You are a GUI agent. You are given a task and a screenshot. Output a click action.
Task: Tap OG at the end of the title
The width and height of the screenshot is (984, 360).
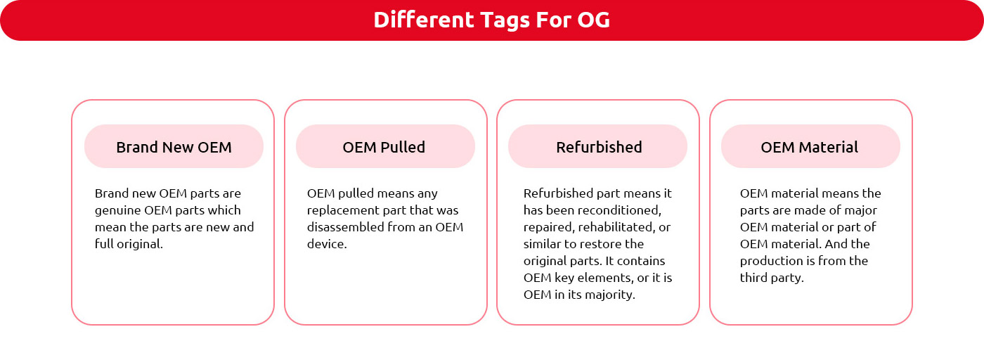593,20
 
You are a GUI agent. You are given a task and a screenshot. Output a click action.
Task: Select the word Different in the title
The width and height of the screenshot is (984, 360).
423,20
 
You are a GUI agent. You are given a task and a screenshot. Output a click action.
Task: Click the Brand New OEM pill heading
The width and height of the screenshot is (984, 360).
174,147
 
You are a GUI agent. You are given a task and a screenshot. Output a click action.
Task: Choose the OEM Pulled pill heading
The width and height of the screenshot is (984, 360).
385,147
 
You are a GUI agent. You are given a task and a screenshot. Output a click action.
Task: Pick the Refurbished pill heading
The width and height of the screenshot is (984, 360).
598,147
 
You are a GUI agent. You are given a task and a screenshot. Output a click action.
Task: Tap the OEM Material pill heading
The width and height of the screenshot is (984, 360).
810,147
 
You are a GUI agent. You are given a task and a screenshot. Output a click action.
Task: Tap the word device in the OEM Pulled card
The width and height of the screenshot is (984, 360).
325,244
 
